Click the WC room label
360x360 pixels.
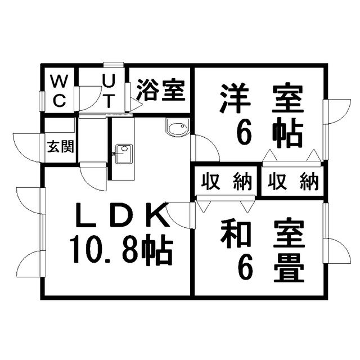(x=60, y=91)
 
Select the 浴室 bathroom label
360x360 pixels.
(x=161, y=90)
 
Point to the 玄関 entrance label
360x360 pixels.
(x=60, y=146)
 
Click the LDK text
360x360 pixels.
(x=121, y=215)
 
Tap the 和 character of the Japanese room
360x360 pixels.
(x=235, y=234)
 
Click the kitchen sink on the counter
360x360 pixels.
(x=124, y=154)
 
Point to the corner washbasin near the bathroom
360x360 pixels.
(x=178, y=128)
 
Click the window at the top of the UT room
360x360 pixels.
(x=114, y=65)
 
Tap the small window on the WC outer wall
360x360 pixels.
(x=42, y=101)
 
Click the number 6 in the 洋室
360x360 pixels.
(x=244, y=134)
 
